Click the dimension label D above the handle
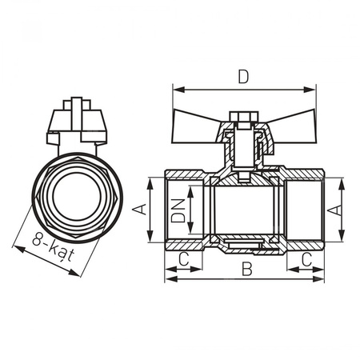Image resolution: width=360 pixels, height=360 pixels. pos(243,77)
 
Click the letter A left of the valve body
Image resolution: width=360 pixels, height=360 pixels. pos(139,210)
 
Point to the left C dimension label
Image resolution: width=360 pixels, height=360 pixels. pos(182,259)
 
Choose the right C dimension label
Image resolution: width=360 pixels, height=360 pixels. pos(307,259)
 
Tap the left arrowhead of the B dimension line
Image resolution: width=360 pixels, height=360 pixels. pos(169,280)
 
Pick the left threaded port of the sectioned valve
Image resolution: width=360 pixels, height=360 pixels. pos(181,210)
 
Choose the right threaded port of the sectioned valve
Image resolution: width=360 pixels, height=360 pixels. pos(308,210)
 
